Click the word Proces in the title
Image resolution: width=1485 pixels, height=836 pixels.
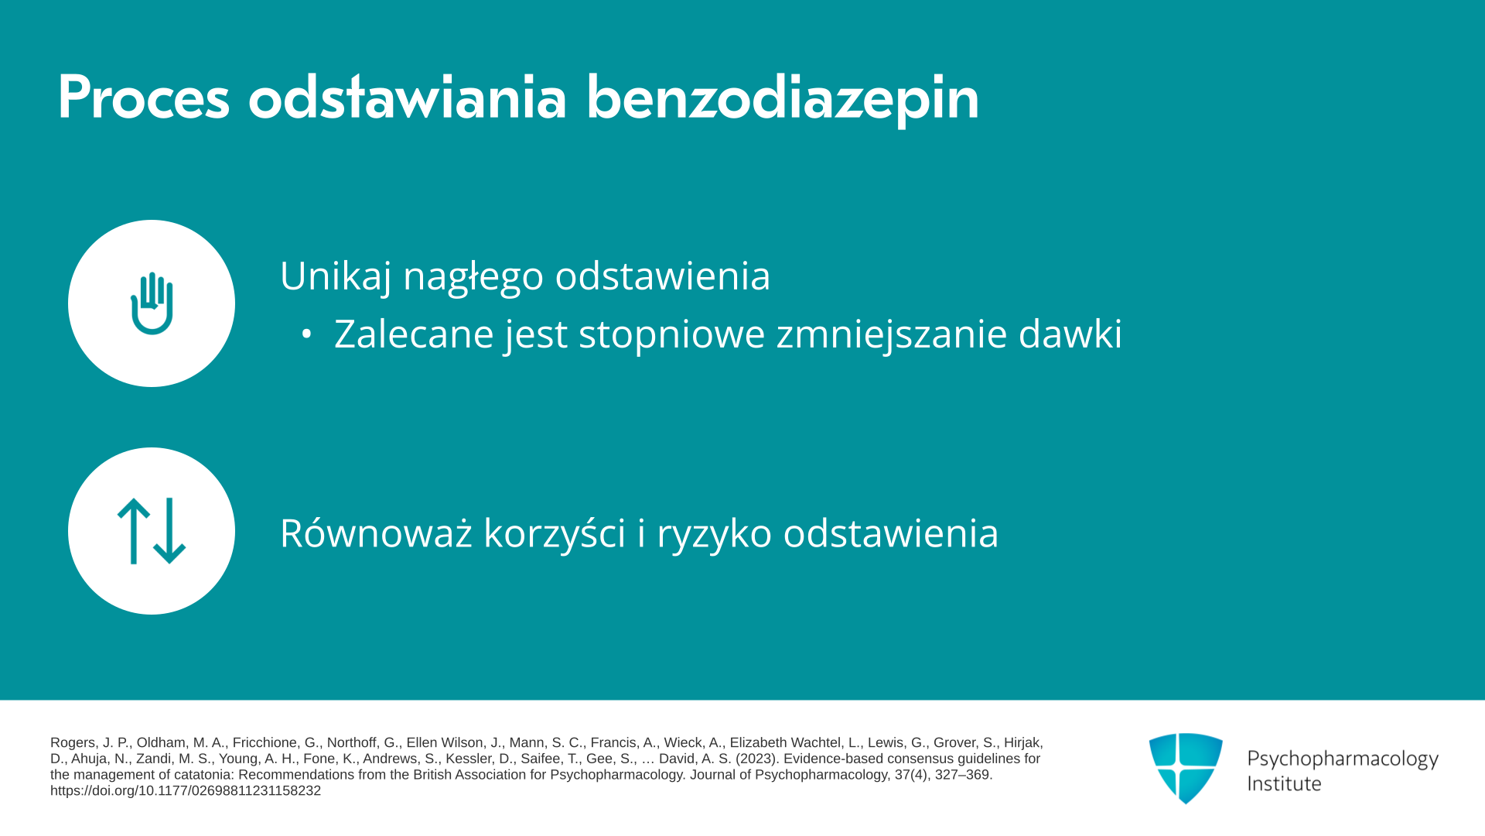point(144,98)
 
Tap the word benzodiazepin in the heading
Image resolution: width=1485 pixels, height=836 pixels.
point(783,99)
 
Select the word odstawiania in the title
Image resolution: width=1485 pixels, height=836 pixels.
point(408,98)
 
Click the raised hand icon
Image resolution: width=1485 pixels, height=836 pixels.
point(152,303)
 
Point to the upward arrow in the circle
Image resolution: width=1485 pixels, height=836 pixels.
point(133,531)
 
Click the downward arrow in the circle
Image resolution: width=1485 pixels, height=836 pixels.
point(169,531)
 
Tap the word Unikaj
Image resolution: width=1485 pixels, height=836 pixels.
point(336,276)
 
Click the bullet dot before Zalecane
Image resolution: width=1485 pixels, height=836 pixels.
point(306,334)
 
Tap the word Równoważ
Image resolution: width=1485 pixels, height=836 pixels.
point(376,533)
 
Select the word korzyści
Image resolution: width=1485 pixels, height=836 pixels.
point(555,534)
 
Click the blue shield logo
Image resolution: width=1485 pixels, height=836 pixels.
point(1186,768)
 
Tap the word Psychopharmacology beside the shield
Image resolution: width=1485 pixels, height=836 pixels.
point(1343,759)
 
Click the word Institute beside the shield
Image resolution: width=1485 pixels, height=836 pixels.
point(1284,784)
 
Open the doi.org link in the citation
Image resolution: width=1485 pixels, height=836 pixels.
point(186,791)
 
